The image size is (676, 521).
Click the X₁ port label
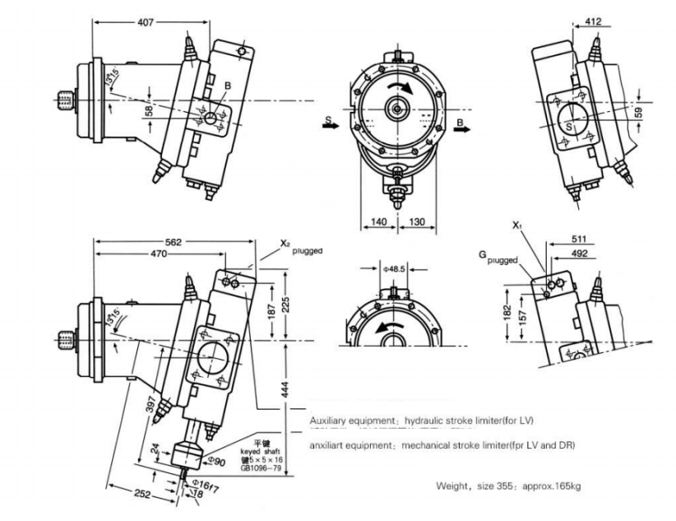point(516,225)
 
